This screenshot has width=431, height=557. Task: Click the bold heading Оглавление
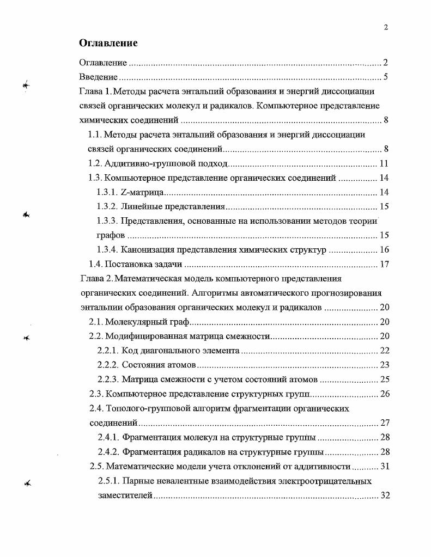pos(108,43)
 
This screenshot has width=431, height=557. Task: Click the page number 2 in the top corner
pos(386,28)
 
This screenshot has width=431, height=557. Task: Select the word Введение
pos(99,77)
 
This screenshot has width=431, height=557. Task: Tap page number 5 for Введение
pos(385,77)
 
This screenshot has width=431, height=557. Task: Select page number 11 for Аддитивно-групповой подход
pos(383,163)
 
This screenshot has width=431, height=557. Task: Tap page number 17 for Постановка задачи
pos(383,265)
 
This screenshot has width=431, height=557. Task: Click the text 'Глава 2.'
pos(96,279)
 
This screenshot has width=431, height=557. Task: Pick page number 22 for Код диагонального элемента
pos(383,351)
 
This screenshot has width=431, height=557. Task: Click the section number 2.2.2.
pos(107,365)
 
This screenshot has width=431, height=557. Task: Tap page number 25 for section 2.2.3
pos(383,380)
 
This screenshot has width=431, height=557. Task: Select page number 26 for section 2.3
pos(383,394)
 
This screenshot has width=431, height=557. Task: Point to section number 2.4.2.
pos(108,452)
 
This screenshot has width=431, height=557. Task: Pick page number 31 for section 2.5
pos(383,466)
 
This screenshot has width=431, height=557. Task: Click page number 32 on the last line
pos(383,495)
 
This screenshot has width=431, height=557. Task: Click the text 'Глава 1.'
pos(95,91)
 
